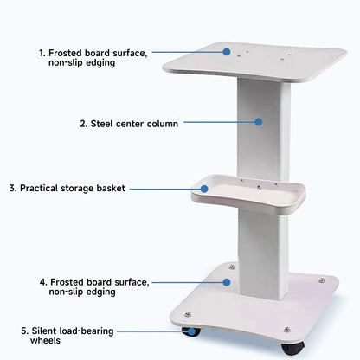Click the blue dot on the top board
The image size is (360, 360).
(x=228, y=52)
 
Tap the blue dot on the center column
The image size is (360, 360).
(x=257, y=123)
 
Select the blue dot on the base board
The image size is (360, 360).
(x=228, y=281)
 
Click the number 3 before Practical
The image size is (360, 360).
(x=12, y=188)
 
